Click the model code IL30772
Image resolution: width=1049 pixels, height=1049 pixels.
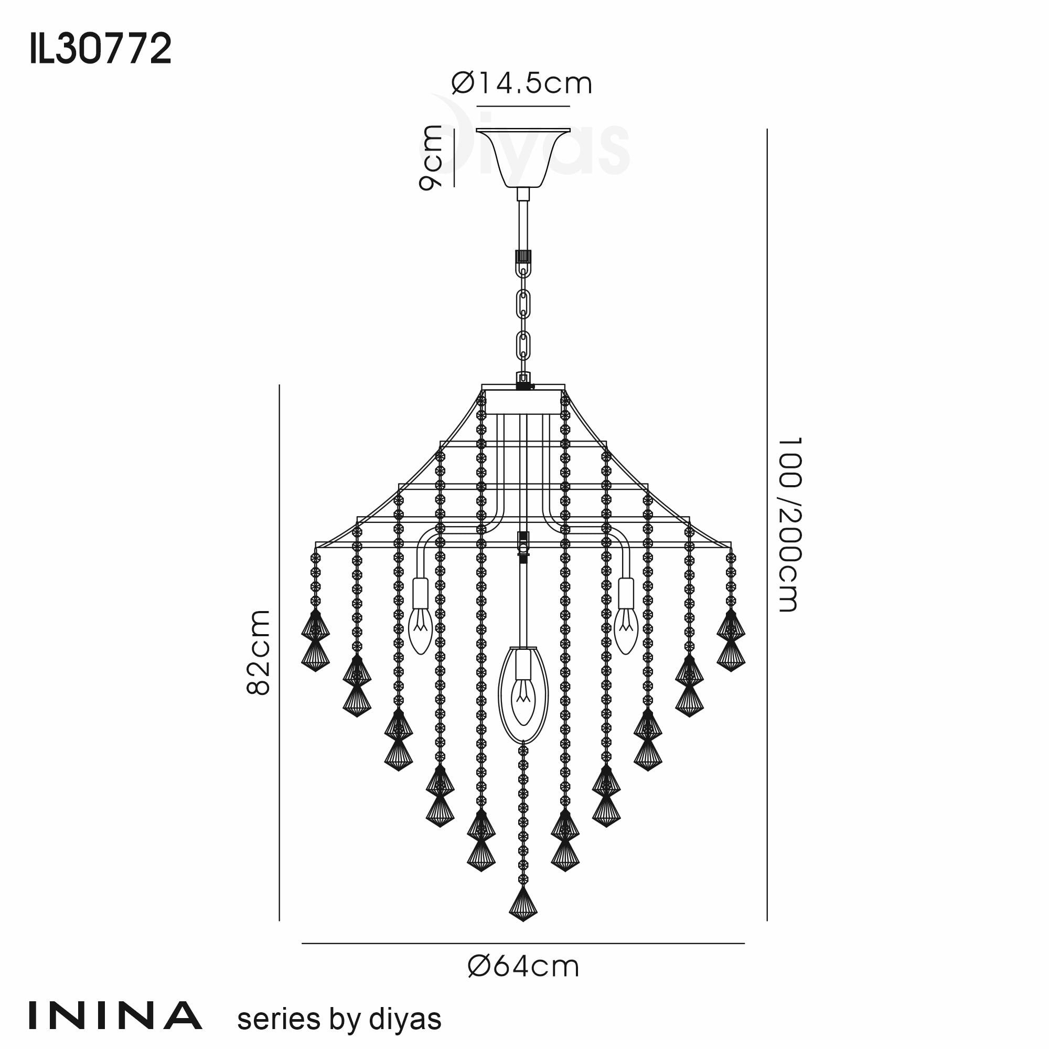[x=101, y=48]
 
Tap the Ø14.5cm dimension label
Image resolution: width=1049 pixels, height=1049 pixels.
[x=522, y=84]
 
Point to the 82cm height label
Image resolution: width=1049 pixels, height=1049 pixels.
[x=259, y=652]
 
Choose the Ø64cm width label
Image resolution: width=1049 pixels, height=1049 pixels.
[x=523, y=967]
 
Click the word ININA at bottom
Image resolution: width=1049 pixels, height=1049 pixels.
[x=115, y=1016]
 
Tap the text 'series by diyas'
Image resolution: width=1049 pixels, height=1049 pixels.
[x=339, y=1019]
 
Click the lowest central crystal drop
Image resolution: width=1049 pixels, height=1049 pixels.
[x=523, y=904]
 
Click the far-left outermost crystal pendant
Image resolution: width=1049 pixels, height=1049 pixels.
[x=315, y=641]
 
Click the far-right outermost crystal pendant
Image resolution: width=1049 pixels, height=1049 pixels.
[x=730, y=641]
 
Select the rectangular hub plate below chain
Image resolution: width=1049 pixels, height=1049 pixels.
[x=523, y=402]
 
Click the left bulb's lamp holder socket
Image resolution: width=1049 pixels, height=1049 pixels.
[x=420, y=593]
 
